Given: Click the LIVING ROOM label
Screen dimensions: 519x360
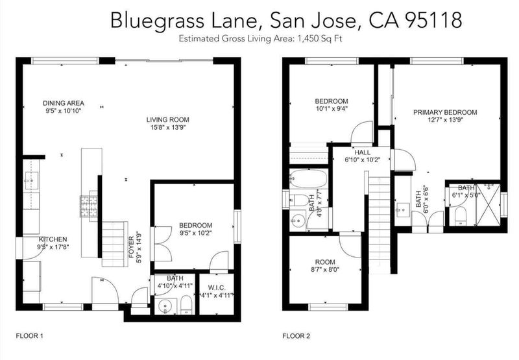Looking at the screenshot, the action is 168,119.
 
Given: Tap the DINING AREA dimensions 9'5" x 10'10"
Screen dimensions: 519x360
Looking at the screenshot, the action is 64,111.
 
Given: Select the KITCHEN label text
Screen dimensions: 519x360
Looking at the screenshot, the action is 53,239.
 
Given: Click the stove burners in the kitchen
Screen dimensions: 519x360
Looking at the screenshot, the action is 89,206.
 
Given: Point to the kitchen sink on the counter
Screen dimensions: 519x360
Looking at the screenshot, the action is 31,181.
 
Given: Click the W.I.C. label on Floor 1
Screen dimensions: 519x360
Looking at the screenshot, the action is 217,287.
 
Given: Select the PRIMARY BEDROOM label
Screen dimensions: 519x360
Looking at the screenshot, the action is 445,112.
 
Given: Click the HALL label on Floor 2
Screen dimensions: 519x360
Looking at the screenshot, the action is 363,152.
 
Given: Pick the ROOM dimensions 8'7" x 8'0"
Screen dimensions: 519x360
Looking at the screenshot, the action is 325,269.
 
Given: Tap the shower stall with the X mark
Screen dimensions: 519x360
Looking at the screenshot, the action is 489,204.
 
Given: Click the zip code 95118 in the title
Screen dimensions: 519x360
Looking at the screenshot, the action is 433,20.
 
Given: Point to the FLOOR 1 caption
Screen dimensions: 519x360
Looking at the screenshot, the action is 29,336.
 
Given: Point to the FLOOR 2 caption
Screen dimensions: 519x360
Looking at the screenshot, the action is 296,336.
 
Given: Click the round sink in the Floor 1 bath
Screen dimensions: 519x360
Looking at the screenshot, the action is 165,307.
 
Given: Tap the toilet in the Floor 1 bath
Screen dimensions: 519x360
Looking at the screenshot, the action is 186,304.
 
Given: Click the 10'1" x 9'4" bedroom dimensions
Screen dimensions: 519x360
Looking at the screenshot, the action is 332,108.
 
